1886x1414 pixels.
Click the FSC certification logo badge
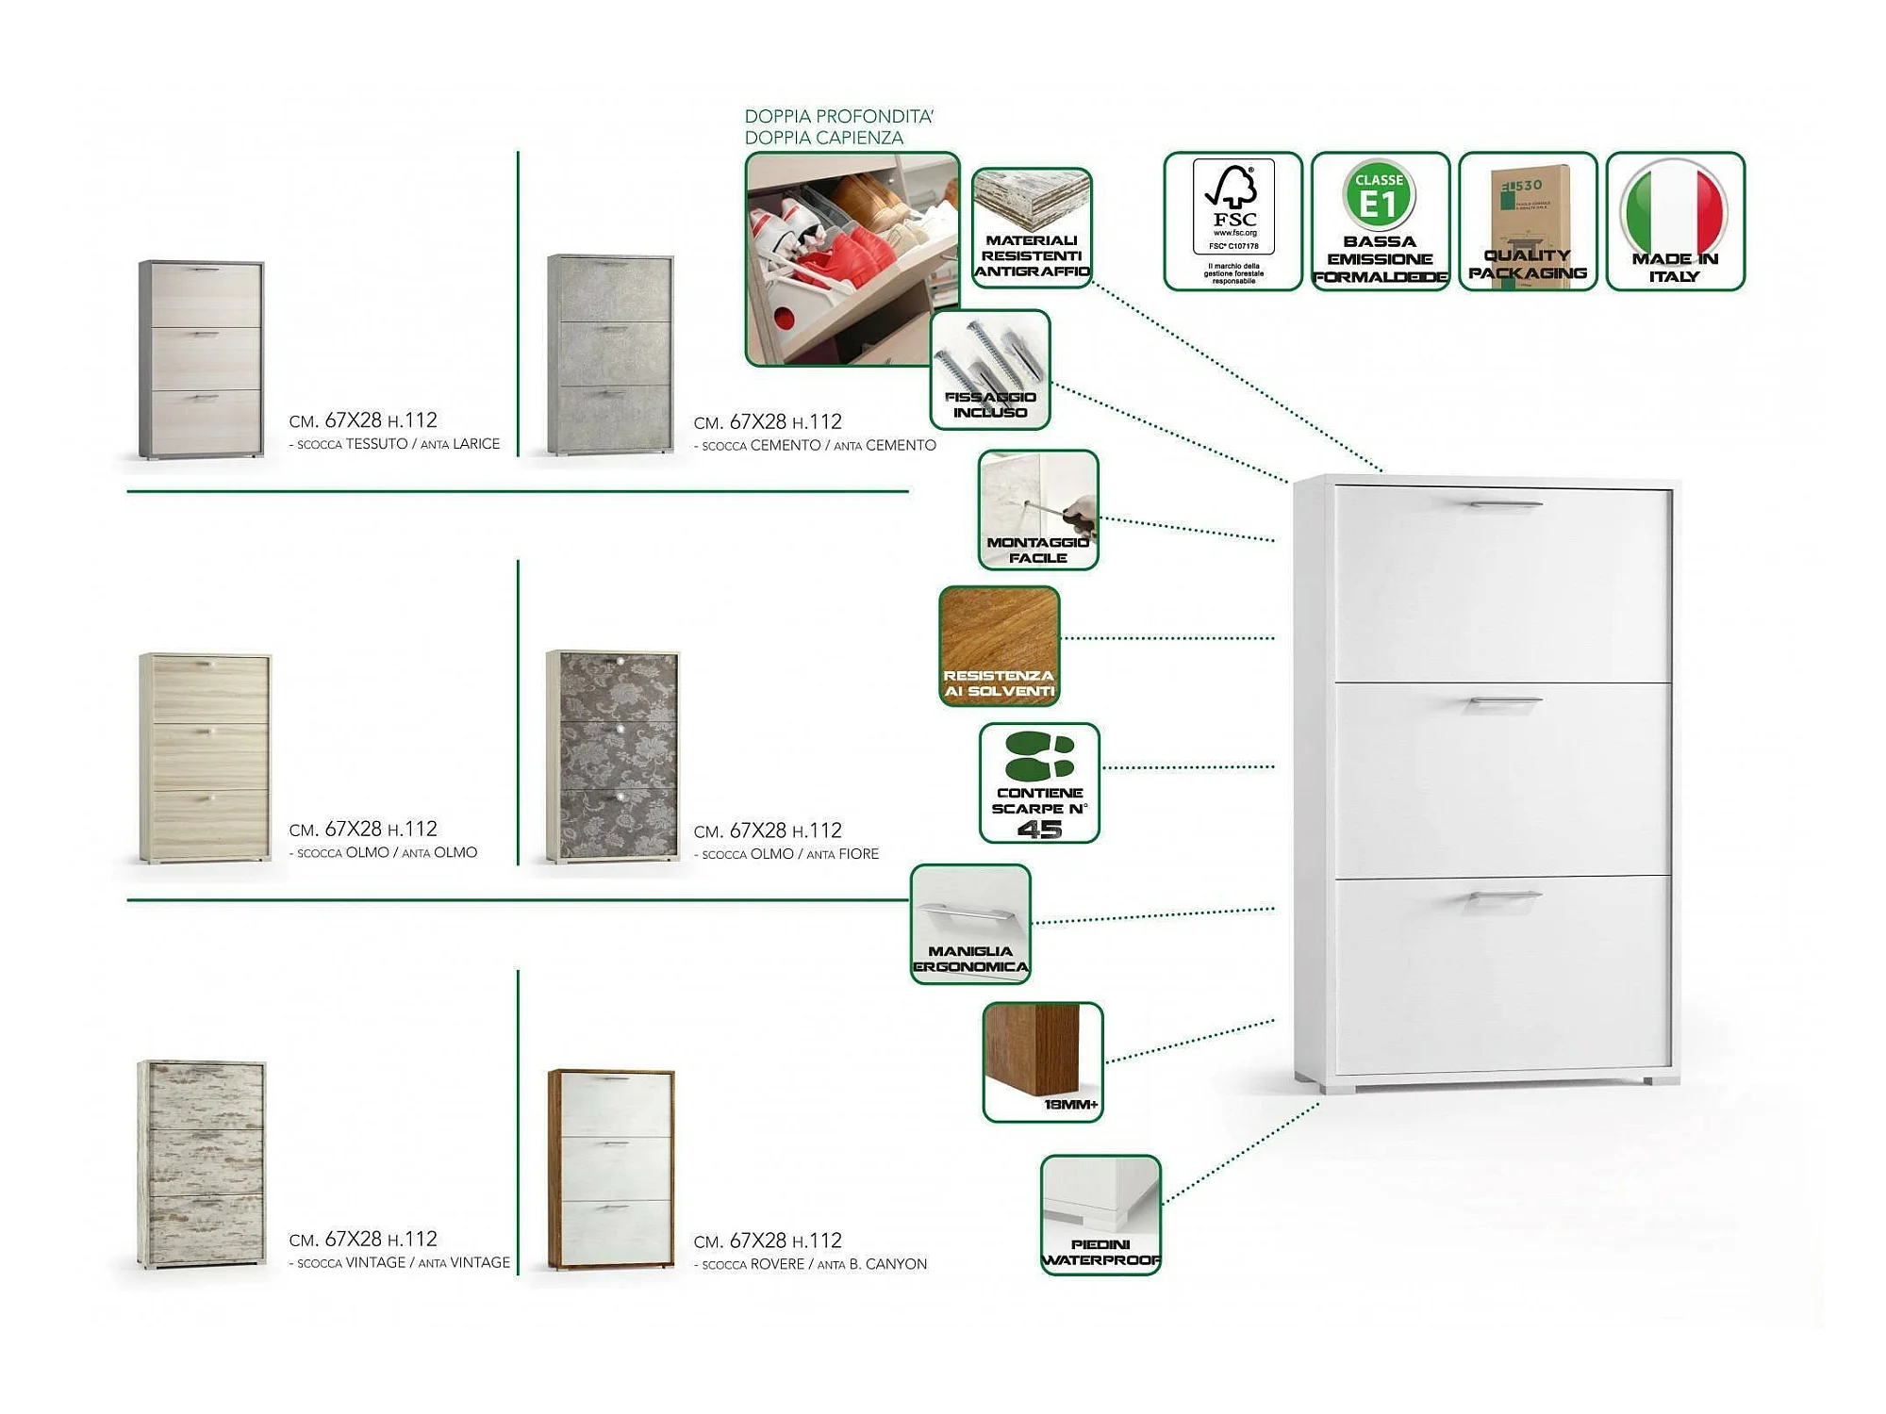pos(1233,221)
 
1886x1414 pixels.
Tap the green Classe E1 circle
pos(1379,195)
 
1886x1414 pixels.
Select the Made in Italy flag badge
pos(1675,221)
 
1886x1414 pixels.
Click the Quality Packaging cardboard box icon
pos(1528,221)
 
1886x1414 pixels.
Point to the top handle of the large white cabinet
pos(1505,504)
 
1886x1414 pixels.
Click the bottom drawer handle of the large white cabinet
pos(1505,896)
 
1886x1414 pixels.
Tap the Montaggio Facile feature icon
pos(1038,510)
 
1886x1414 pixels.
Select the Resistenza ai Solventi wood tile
pos(1000,646)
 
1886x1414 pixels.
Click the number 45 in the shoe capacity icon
pos(1039,829)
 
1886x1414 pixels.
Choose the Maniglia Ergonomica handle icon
pos(970,924)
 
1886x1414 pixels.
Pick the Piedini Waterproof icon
pos(1100,1215)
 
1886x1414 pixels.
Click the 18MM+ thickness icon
pos(1043,1062)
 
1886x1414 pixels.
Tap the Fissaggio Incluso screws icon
pos(990,370)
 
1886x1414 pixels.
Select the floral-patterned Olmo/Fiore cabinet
pos(613,755)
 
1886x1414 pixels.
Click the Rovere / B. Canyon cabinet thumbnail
pos(611,1169)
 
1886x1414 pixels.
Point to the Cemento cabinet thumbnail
pos(611,354)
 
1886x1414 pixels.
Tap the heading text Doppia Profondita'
pos(838,117)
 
